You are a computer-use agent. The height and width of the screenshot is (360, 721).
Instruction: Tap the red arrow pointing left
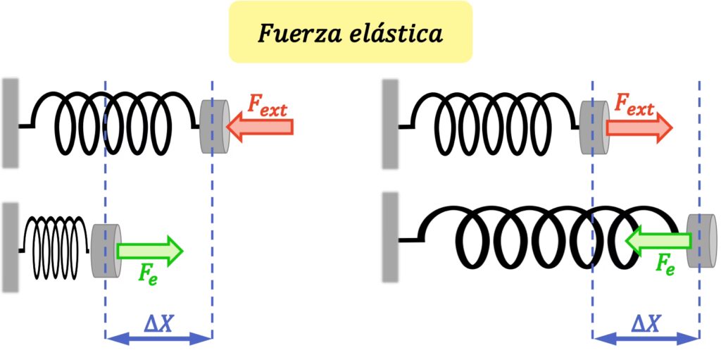pyautogui.click(x=260, y=127)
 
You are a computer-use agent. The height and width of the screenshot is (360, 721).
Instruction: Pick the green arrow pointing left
pyautogui.click(x=658, y=241)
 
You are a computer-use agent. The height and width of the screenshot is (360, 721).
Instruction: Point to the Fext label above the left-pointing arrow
pyautogui.click(x=268, y=106)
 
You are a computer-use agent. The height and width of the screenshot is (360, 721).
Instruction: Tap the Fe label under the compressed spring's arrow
pyautogui.click(x=147, y=273)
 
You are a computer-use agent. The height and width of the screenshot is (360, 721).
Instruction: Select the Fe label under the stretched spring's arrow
pyautogui.click(x=665, y=264)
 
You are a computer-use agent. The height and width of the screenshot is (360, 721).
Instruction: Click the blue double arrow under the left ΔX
pyautogui.click(x=158, y=339)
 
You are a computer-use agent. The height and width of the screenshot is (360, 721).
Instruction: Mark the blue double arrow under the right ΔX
pyautogui.click(x=646, y=339)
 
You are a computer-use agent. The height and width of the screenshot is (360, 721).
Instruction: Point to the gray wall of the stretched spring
pyautogui.click(x=389, y=237)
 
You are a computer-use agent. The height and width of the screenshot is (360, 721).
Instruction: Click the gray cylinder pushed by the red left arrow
pyautogui.click(x=215, y=127)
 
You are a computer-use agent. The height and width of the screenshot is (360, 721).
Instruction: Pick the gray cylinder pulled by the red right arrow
pyautogui.click(x=594, y=127)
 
